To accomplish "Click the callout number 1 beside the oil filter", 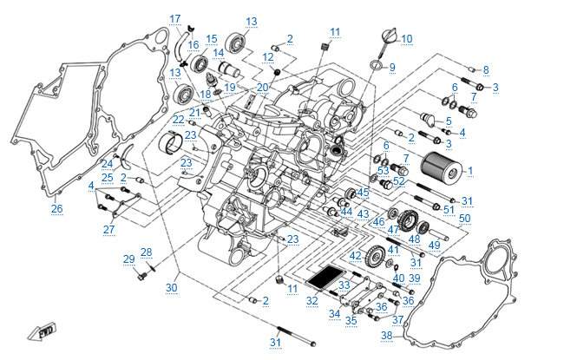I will pos(470,171).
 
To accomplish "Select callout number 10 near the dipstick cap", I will pos(407,38).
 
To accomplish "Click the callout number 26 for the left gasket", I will pos(57,208).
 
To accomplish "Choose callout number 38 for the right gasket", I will pos(387,336).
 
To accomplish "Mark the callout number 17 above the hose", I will pos(175,19).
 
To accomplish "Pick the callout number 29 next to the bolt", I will pos(128,259).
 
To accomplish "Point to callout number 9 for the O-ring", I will pos(391,67).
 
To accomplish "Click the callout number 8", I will pos(486,69).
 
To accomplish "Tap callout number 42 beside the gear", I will pos(356,256).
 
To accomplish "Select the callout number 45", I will pos(364,193).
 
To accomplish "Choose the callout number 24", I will pos(107,163).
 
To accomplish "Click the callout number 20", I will pos(263,87).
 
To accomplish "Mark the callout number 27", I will pos(109,229).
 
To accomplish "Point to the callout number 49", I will pos(435,245).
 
